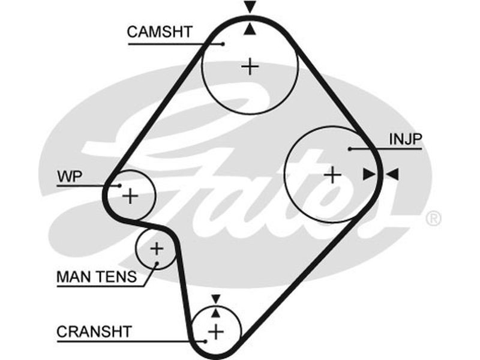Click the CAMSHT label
pyautogui.click(x=160, y=32)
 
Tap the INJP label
pyautogui.click(x=406, y=139)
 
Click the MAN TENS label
pyautogui.click(x=96, y=277)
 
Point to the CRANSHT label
pyautogui.click(x=94, y=331)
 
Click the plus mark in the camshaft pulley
pyautogui.click(x=250, y=66)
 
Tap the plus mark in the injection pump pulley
pyautogui.click(x=332, y=175)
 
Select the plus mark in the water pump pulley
pyautogui.click(x=130, y=195)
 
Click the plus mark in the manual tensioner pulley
pyautogui.click(x=156, y=247)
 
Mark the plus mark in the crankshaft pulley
pyautogui.click(x=215, y=331)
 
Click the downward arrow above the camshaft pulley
pyautogui.click(x=250, y=7)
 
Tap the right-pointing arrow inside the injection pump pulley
pyautogui.click(x=368, y=174)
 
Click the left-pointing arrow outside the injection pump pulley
pyautogui.click(x=392, y=174)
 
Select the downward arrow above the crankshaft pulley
pyautogui.click(x=215, y=299)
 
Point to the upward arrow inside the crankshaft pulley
pyautogui.click(x=215, y=312)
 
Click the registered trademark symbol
pyautogui.click(x=433, y=218)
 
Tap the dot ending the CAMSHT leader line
pyautogui.click(x=223, y=43)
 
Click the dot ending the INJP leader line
pyautogui.click(x=349, y=148)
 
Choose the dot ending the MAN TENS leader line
pyautogui.click(x=156, y=263)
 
